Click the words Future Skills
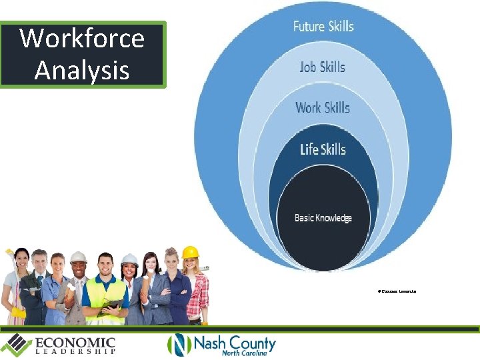[x=323, y=27]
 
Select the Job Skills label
[x=323, y=67]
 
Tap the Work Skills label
[x=323, y=108]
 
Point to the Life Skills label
[x=323, y=149]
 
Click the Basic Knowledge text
[x=323, y=218]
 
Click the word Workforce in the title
[x=82, y=39]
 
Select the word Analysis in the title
[x=82, y=69]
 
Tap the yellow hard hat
[x=191, y=252]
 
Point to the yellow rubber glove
[x=18, y=312]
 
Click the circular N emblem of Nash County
[x=179, y=345]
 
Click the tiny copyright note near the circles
[x=397, y=291]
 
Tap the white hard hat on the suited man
[x=79, y=257]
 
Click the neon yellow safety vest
[x=106, y=294]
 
